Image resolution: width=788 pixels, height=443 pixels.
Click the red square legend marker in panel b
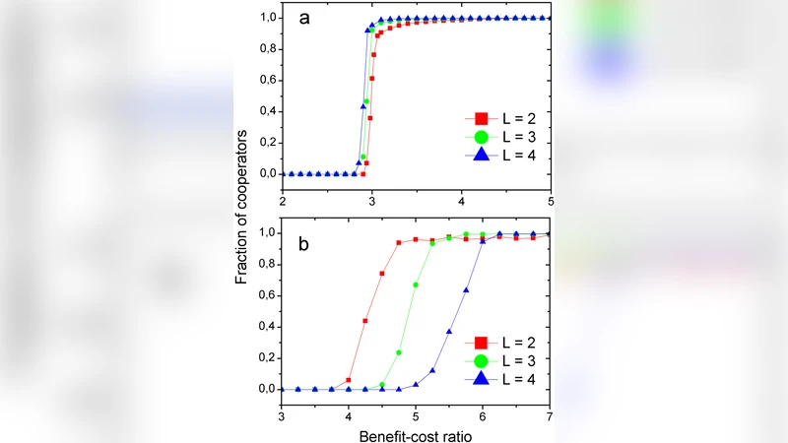[482, 343]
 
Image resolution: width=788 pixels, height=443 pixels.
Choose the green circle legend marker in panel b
[482, 360]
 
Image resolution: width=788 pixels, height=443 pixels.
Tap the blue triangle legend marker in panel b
[482, 378]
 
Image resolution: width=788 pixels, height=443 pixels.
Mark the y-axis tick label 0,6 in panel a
[265, 80]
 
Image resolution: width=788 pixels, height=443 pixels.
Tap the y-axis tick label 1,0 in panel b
[265, 232]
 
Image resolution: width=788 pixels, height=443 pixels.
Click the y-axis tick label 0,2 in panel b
[265, 357]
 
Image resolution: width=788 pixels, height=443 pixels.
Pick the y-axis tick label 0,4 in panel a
[265, 111]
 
